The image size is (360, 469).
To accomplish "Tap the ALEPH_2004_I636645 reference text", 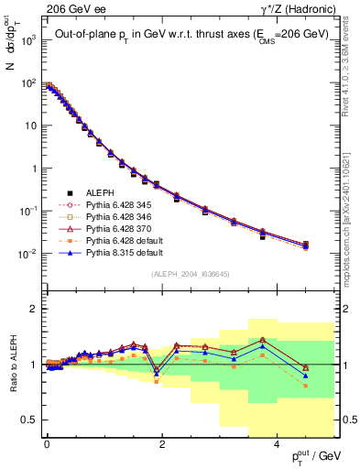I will coord(190,274).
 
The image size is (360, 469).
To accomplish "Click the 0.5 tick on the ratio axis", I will coord(33,420).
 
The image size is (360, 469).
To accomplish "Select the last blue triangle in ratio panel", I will coord(305,376).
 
